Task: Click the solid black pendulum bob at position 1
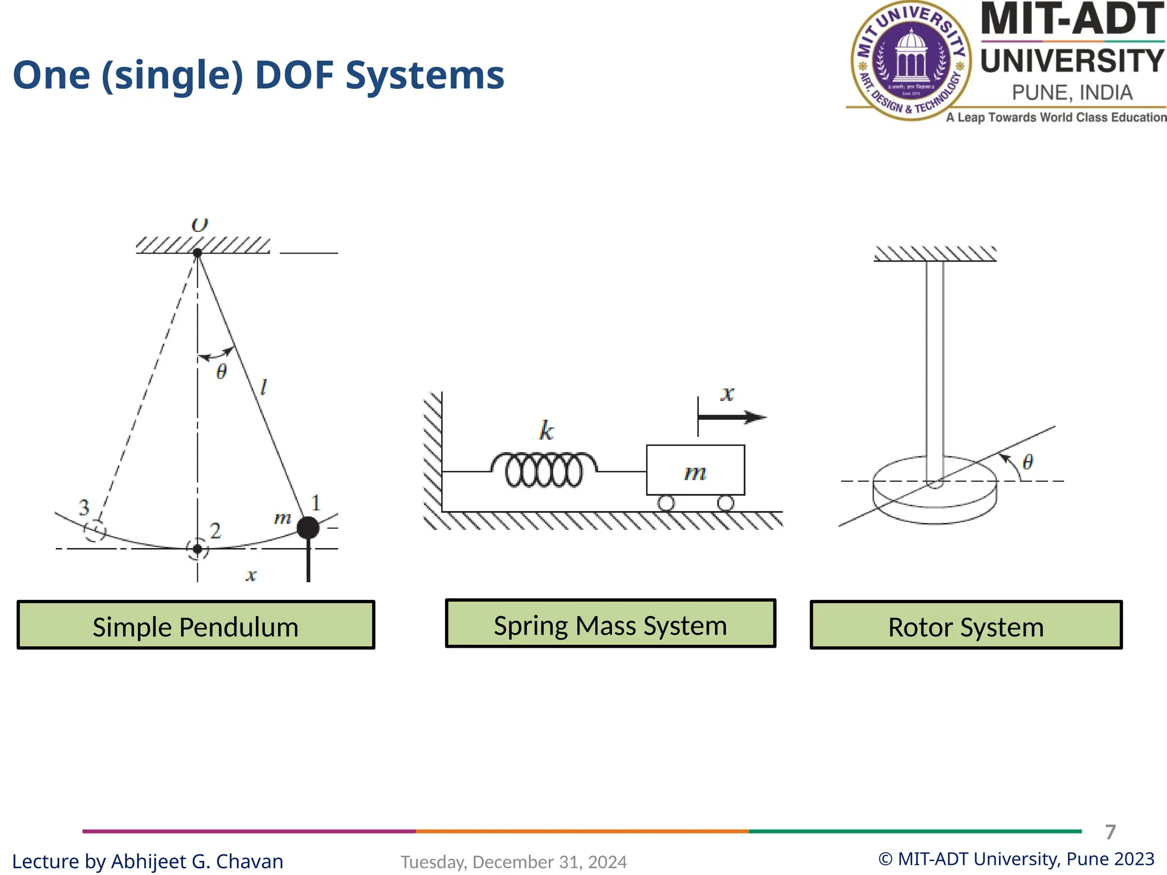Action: pos(308,528)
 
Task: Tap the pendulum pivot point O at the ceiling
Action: pos(197,252)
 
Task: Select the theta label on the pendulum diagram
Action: pos(222,372)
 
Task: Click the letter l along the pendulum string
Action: pos(263,388)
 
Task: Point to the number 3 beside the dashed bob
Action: pos(84,507)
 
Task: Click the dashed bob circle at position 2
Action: pos(197,549)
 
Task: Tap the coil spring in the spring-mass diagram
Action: pos(544,470)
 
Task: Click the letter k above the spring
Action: pos(546,431)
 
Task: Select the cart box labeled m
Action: pos(695,471)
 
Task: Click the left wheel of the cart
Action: pos(666,503)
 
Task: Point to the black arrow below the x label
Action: pos(732,418)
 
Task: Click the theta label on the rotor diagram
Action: pos(1027,462)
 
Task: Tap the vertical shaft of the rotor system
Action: pos(935,365)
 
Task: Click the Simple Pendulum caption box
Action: pos(195,625)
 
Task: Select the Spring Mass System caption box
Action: pos(610,624)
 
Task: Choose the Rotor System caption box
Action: pos(966,625)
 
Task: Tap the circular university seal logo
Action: pos(912,61)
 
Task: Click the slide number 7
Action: pos(1110,832)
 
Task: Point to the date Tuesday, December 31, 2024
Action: pos(513,862)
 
